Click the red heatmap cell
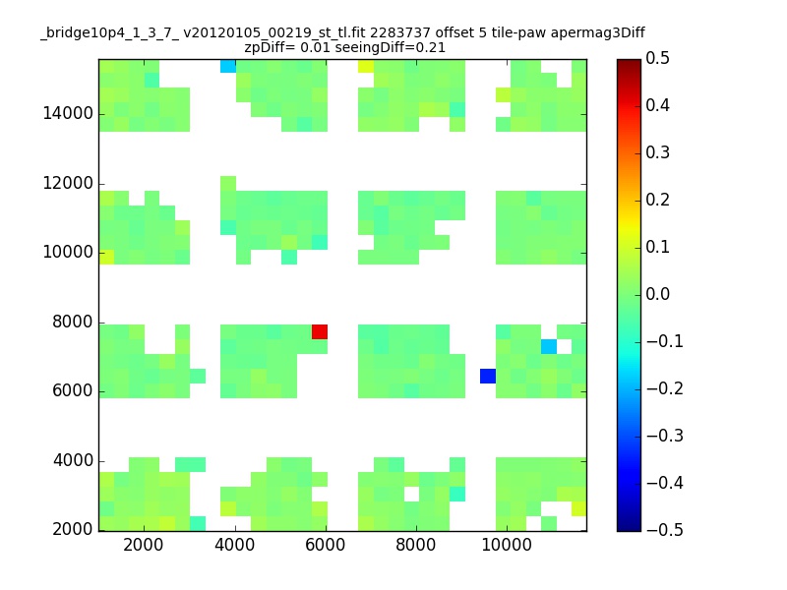[x=320, y=331]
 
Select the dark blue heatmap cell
[x=488, y=376]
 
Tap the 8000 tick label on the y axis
[x=73, y=323]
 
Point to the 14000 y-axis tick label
[x=68, y=114]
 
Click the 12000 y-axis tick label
[x=68, y=184]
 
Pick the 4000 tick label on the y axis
[x=73, y=461]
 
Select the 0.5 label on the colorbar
[x=658, y=59]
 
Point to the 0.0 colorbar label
[x=658, y=294]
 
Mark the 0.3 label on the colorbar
[x=658, y=152]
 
